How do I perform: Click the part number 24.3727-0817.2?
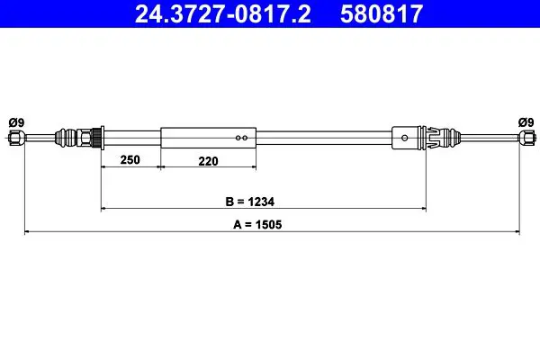coord(223,13)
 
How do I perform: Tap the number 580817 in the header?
coord(382,13)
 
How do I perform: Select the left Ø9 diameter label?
coord(16,122)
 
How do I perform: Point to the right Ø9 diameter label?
coord(526,122)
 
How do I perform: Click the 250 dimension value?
coord(130,160)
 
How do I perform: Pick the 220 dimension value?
coord(208,161)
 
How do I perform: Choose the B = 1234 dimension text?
coord(249,202)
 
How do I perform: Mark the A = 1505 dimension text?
coord(257,225)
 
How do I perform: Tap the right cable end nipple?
coord(526,138)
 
